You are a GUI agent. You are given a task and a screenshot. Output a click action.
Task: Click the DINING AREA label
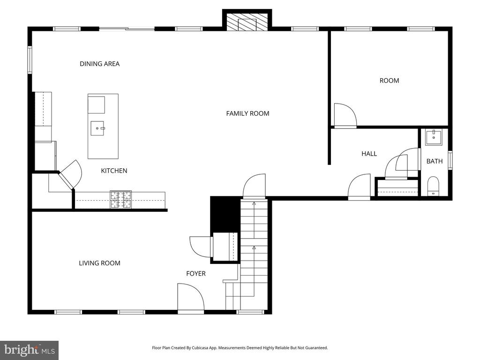(x=99, y=64)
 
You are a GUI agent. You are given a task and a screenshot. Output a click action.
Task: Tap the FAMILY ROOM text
(x=247, y=113)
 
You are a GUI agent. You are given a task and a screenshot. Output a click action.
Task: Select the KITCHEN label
(x=114, y=171)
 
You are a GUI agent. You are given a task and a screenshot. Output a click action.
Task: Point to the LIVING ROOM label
(x=99, y=263)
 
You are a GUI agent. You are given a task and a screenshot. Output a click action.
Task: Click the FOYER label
(x=196, y=274)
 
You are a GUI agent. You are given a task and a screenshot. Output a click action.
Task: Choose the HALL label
(x=369, y=154)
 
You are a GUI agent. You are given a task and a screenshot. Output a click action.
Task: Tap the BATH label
(x=435, y=161)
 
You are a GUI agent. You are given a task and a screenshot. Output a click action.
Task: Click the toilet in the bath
(x=433, y=186)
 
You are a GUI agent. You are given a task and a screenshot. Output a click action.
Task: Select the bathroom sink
(x=433, y=137)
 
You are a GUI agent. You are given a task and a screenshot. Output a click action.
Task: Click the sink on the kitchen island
(x=98, y=127)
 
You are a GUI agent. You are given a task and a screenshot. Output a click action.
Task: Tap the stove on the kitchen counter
(x=121, y=200)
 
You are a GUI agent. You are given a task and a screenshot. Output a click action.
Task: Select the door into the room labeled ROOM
(x=345, y=116)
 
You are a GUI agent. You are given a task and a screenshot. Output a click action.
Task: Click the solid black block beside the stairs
(x=225, y=214)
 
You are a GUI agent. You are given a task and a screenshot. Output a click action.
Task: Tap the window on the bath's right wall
(x=450, y=160)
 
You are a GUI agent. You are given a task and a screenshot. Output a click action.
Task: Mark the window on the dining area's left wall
(x=30, y=60)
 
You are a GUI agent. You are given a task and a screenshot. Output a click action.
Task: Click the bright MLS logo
(x=29, y=350)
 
